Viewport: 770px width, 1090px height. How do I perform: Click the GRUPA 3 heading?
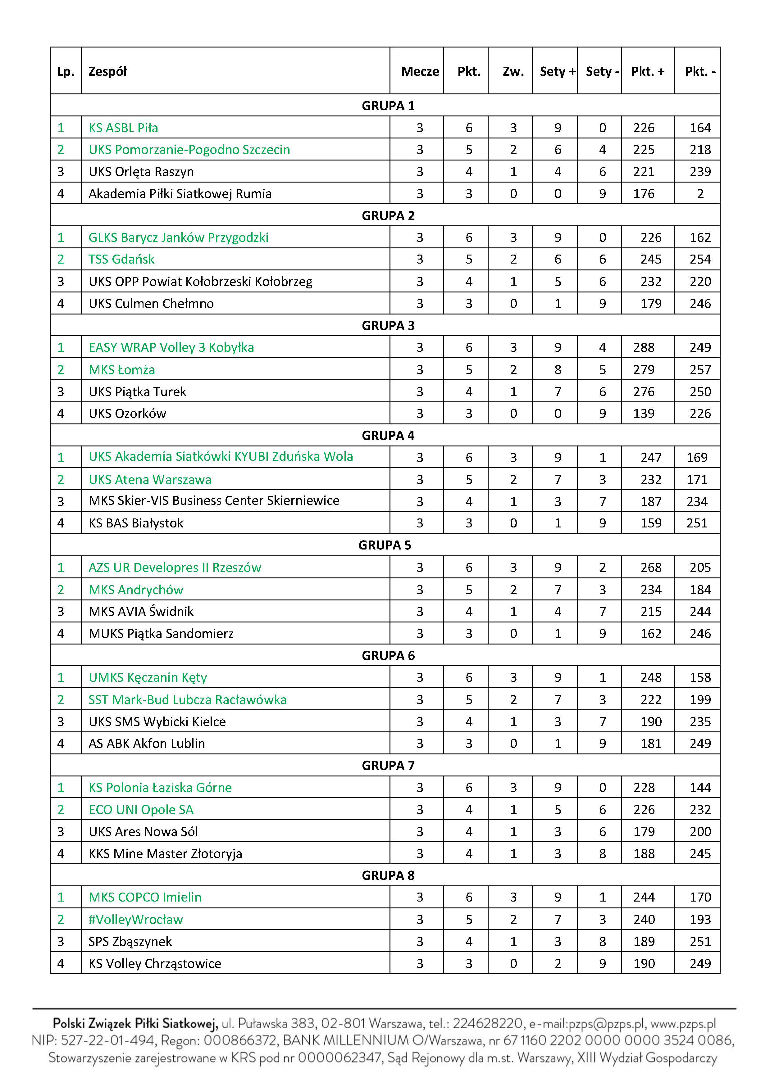[388, 326]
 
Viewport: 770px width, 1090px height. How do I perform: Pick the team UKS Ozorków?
[127, 414]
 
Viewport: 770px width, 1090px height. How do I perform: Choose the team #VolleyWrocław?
[135, 920]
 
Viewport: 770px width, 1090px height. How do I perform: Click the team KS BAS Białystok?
[136, 523]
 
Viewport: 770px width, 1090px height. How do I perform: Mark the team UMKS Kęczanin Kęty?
[148, 677]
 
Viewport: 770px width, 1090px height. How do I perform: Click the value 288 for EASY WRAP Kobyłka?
[644, 347]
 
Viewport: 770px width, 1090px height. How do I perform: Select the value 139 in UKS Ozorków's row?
[644, 414]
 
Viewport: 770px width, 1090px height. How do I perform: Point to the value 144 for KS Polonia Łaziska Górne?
[700, 788]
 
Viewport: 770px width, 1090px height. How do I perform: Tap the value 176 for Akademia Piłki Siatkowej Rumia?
[644, 194]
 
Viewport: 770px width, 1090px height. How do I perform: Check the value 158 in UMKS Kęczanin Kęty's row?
[700, 677]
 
